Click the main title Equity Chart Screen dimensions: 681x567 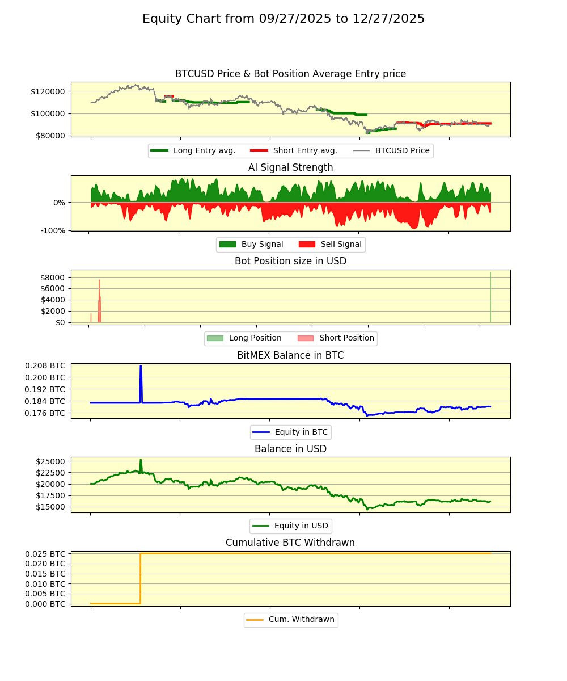pyautogui.click(x=283, y=19)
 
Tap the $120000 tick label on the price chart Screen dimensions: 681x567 pyautogui.click(x=49, y=91)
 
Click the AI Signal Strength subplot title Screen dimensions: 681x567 pyautogui.click(x=290, y=167)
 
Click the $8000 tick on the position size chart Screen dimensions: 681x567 pyautogui.click(x=52, y=278)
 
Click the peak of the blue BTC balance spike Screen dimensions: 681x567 pyautogui.click(x=141, y=366)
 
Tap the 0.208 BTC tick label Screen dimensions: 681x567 pyautogui.click(x=45, y=365)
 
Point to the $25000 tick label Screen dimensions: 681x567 pyautogui.click(x=49, y=461)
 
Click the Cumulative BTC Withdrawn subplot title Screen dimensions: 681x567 pyautogui.click(x=290, y=543)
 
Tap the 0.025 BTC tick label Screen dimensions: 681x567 pyautogui.click(x=45, y=553)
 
